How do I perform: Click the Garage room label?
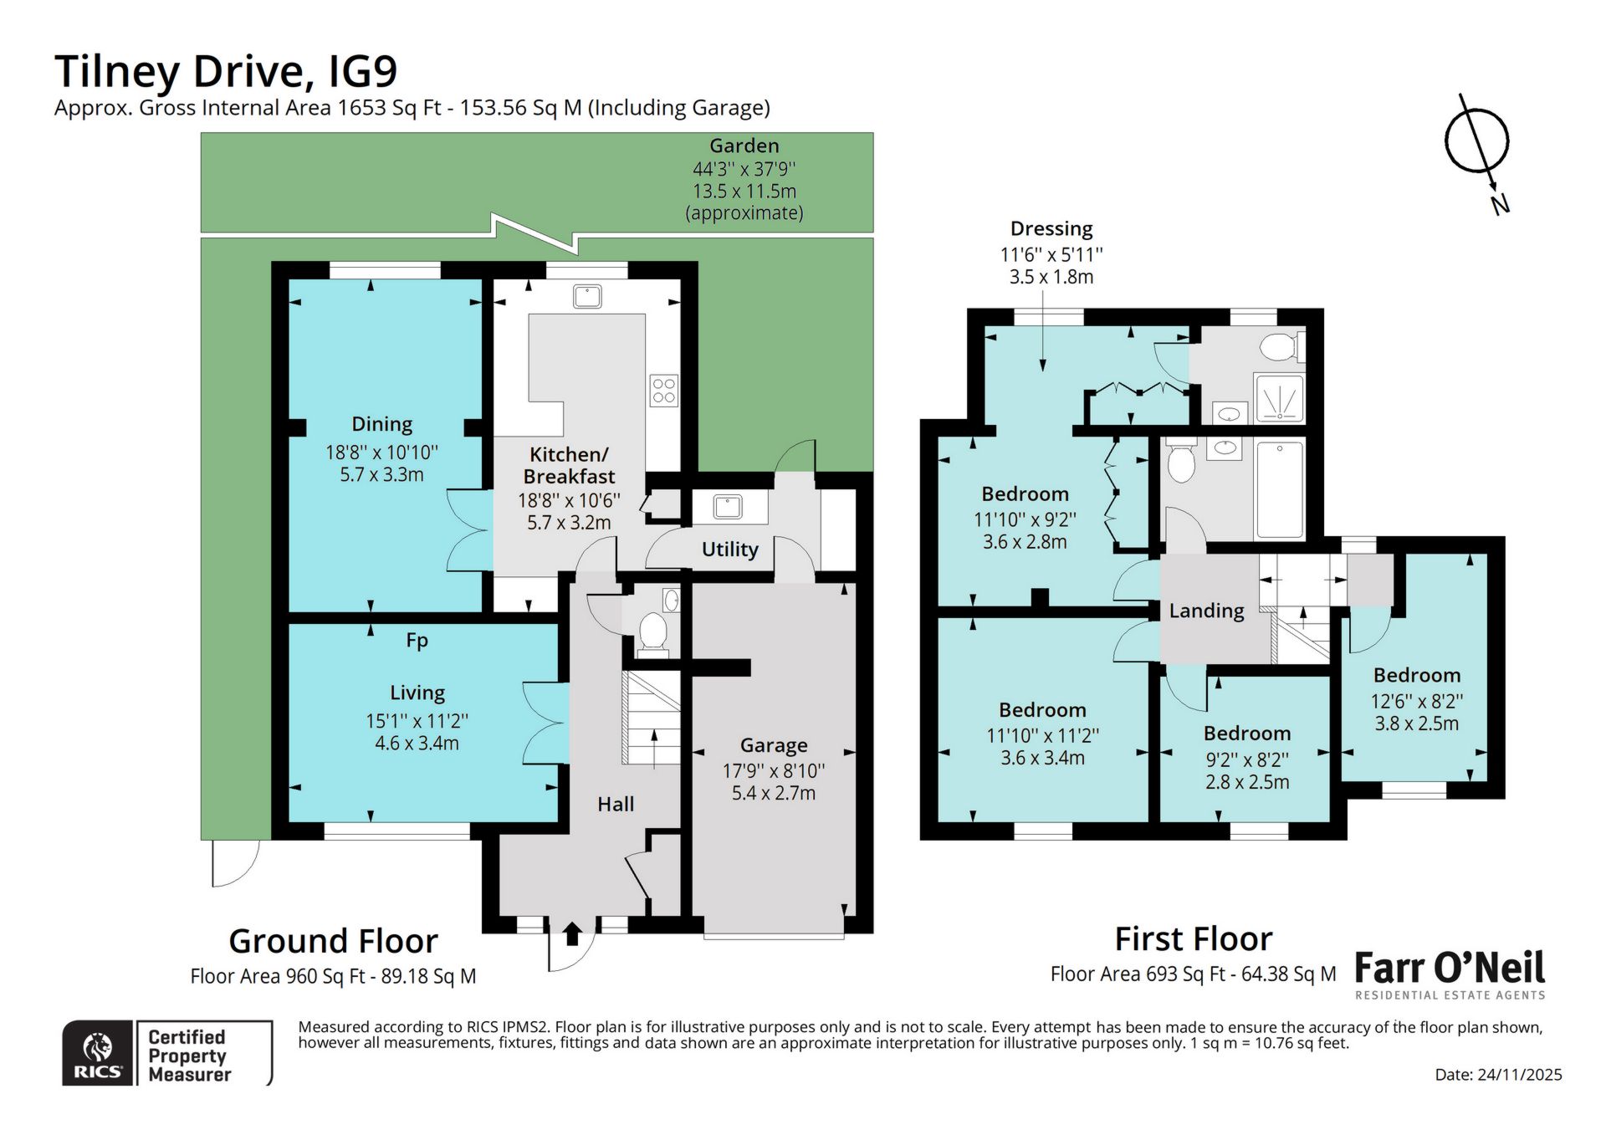773,745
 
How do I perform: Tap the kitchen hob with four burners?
664,391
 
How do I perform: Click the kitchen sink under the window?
588,296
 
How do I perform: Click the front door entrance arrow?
572,933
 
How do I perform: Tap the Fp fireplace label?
417,641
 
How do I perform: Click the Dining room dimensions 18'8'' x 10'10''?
381,452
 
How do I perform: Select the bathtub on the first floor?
1279,489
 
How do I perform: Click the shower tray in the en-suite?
1278,398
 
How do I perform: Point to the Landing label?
1206,611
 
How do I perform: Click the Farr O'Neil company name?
1449,969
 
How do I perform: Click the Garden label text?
744,146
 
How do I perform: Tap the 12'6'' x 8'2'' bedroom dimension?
1416,701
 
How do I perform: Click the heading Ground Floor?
333,942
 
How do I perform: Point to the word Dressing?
1051,229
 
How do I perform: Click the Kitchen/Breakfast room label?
569,466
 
